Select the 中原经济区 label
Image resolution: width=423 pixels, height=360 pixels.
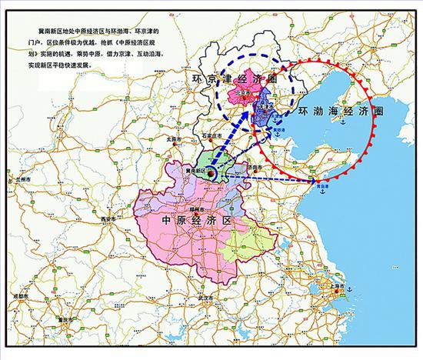(x=195, y=219)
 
